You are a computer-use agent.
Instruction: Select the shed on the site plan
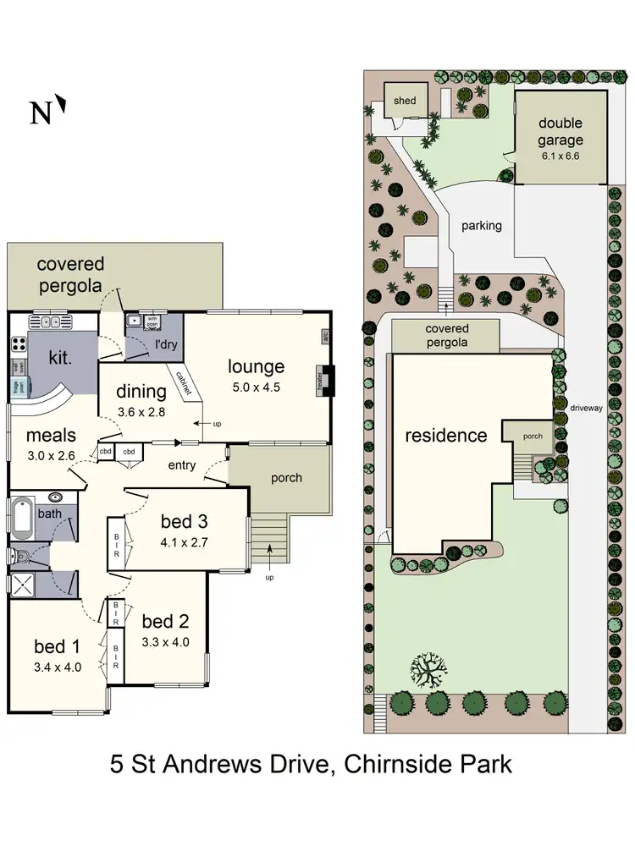[x=405, y=101]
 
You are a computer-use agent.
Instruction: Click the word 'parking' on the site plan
[x=482, y=226]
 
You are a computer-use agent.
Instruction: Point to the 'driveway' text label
[x=586, y=407]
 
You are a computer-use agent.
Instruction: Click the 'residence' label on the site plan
[x=445, y=436]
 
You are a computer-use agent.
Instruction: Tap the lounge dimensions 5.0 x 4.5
[x=255, y=388]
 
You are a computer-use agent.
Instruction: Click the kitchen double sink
[x=52, y=321]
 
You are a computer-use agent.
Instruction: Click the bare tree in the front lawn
[x=432, y=673]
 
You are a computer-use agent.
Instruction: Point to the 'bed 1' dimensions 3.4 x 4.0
[x=57, y=666]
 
